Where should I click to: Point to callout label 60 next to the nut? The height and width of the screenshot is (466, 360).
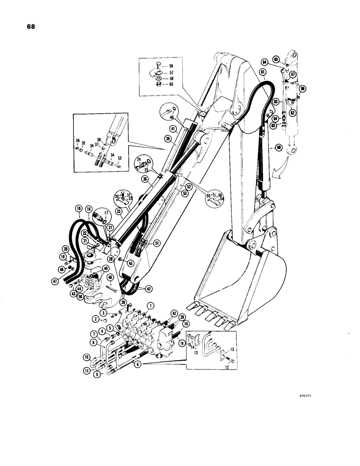pos(171,84)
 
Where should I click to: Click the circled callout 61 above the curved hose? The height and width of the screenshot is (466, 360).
pos(263,72)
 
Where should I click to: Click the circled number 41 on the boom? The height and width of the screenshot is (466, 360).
pos(172,129)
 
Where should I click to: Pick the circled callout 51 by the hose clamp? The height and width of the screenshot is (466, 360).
pos(157,241)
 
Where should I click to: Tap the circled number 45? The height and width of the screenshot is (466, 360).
pos(125,263)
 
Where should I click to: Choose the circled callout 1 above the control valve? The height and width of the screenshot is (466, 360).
pos(150,306)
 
